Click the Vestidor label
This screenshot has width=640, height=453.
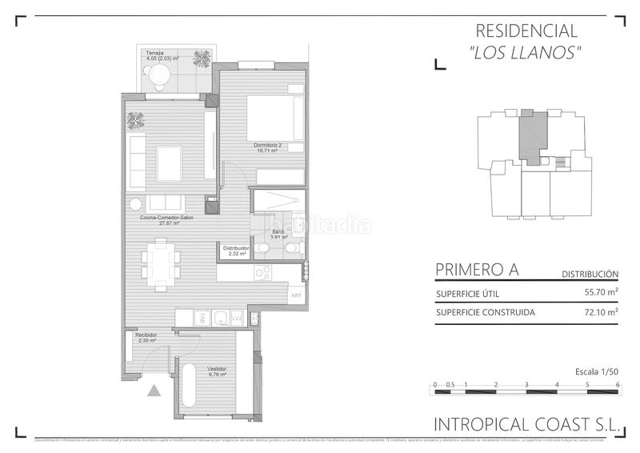(x=217, y=369)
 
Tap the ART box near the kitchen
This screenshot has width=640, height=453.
(x=296, y=295)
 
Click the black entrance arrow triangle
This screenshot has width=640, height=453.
(x=154, y=391)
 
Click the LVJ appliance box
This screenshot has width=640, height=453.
(x=237, y=319)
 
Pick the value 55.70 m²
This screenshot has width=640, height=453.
(x=602, y=293)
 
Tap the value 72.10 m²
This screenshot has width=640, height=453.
(x=602, y=312)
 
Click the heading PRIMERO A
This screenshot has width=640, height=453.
(x=477, y=270)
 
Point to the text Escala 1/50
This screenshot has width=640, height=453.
(x=597, y=372)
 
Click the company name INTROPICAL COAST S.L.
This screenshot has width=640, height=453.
(x=526, y=426)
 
